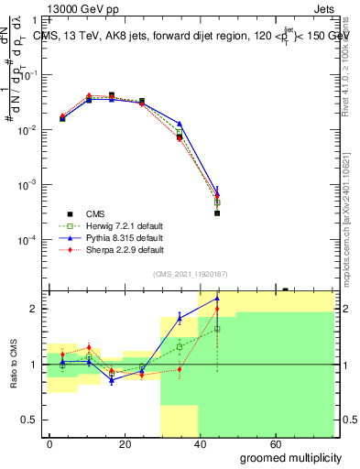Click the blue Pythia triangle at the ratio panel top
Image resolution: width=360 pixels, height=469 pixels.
(x=217, y=298)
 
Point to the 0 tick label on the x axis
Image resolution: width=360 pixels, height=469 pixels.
(x=49, y=442)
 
